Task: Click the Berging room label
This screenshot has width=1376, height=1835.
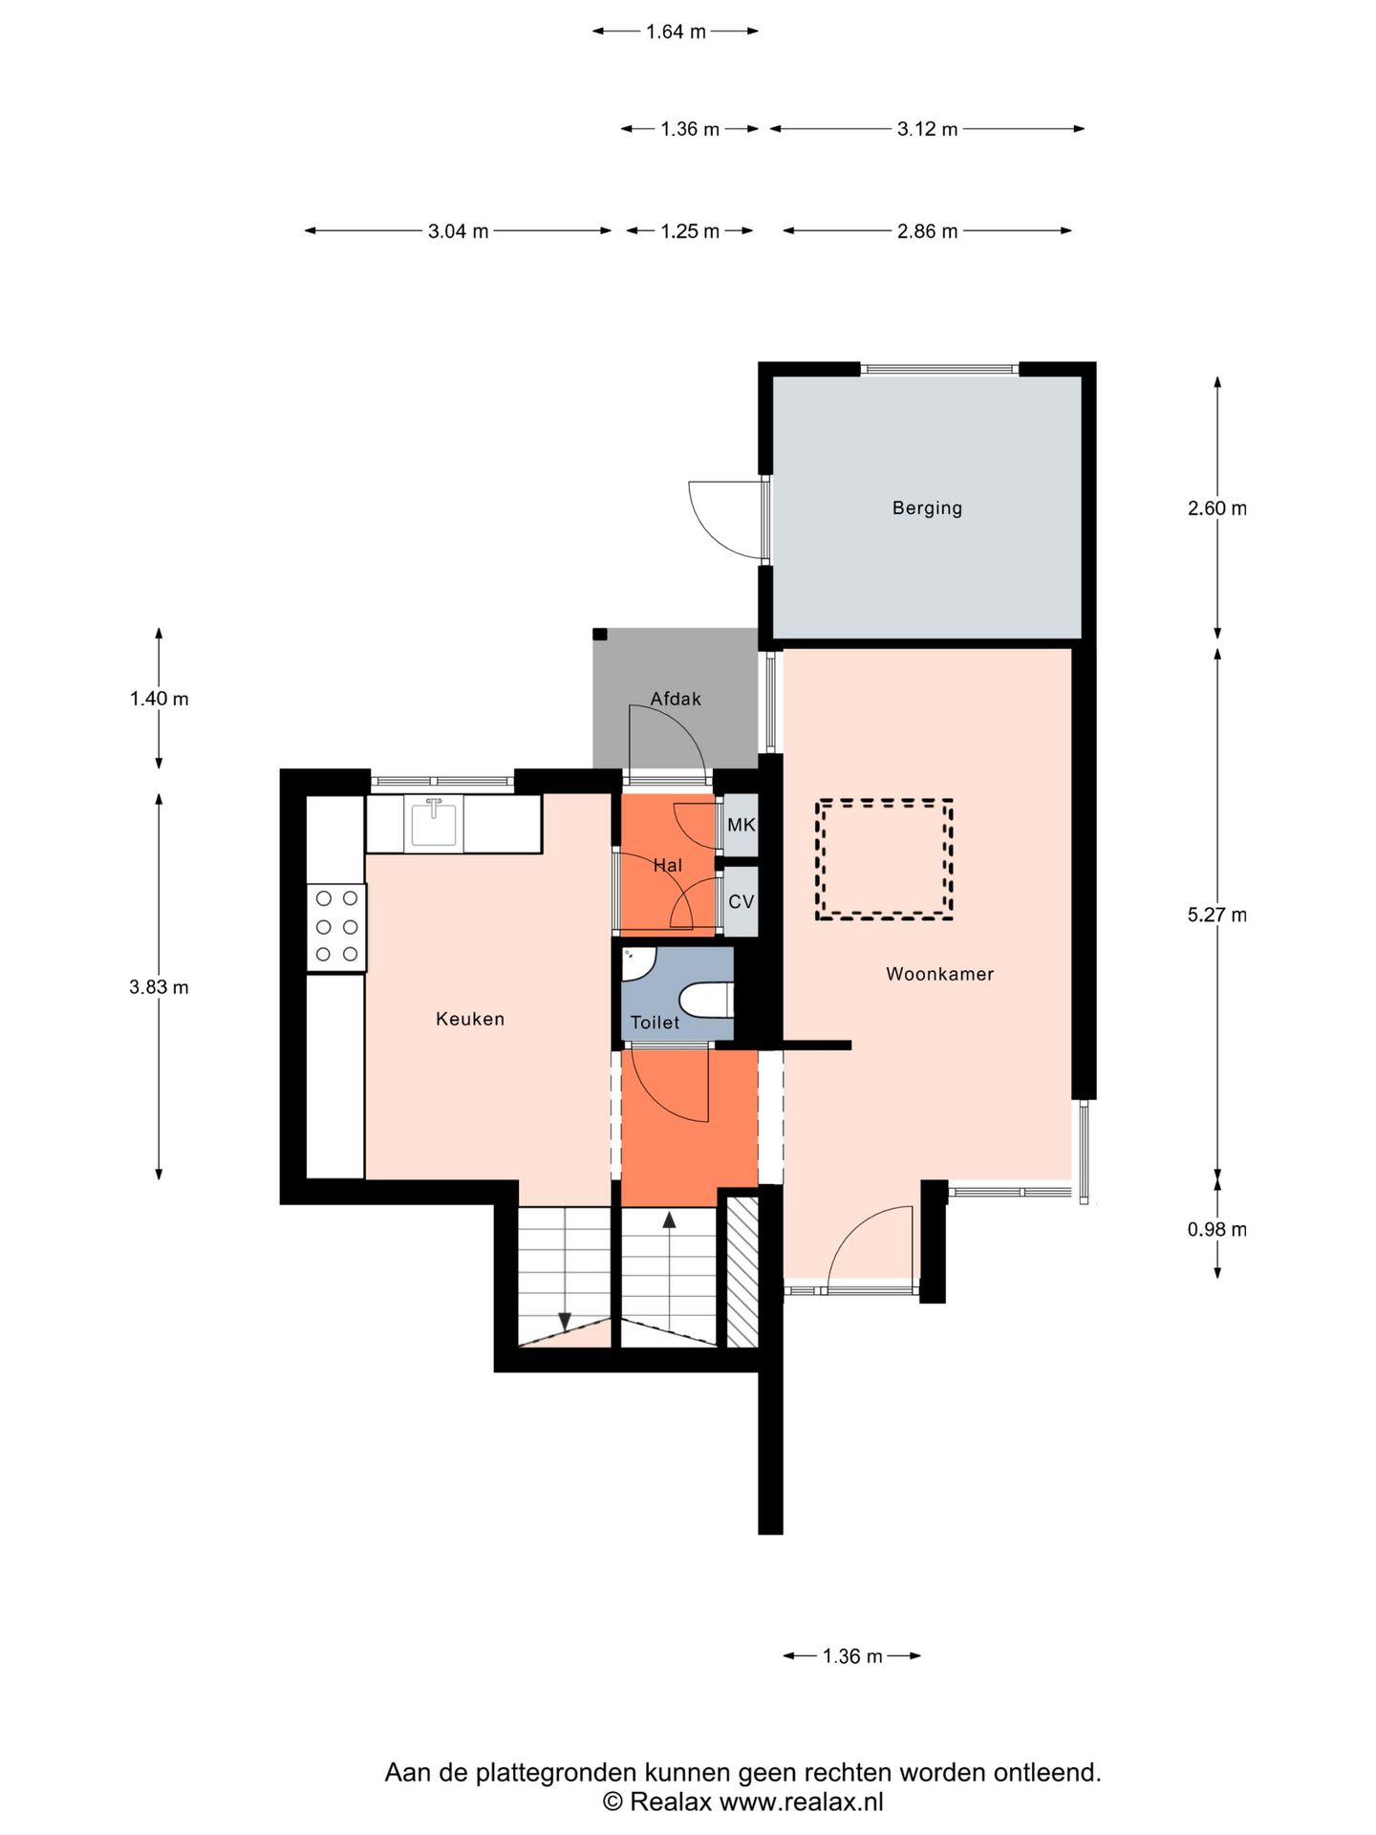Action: [927, 508]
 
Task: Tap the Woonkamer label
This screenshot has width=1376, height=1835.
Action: [939, 974]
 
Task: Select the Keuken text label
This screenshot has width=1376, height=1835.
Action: [469, 1019]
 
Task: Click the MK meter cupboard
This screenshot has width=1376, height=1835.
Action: [742, 824]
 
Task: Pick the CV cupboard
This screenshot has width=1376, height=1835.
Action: [742, 901]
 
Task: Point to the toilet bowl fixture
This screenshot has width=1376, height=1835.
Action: [706, 1001]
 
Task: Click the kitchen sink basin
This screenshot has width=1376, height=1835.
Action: [434, 823]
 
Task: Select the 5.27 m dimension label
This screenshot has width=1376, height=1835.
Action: [1216, 915]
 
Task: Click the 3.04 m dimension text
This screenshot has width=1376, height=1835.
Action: [458, 231]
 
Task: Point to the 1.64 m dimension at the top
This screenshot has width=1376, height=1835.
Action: [676, 32]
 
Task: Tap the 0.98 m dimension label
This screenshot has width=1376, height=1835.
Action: [1216, 1229]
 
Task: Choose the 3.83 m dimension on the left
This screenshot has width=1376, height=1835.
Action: [159, 987]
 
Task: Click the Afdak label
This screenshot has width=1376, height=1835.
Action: [676, 699]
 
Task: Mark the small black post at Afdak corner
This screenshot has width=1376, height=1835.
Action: [600, 635]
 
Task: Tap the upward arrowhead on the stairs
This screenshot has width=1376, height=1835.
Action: [669, 1220]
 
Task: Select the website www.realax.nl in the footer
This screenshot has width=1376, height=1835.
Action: [801, 1802]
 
